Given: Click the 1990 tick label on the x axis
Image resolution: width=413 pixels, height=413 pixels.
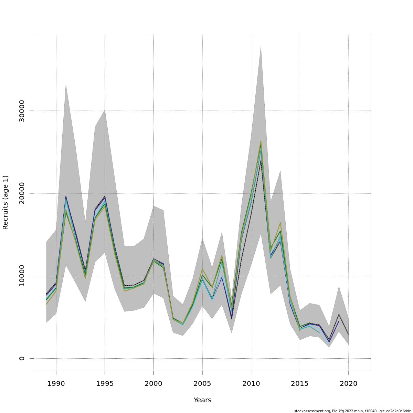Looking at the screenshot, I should pos(56,384).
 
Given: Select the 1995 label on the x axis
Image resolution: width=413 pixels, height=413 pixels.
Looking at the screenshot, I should pos(105,384).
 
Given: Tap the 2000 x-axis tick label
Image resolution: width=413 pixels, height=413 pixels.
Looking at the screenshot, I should pos(153,384).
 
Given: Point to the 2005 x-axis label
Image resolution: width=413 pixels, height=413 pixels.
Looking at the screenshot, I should pos(202,384).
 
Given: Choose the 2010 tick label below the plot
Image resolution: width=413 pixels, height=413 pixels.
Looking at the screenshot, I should pos(251,384).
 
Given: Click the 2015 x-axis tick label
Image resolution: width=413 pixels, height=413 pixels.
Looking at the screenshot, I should pos(300,384).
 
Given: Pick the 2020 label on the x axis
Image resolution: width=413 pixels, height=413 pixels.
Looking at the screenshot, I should pos(349,384).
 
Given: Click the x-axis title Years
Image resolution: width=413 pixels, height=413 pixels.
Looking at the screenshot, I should pos(202,400).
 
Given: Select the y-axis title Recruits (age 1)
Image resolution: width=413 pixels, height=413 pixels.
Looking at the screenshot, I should pos(6,202).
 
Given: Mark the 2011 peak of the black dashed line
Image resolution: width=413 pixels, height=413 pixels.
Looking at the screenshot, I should pos(261,161).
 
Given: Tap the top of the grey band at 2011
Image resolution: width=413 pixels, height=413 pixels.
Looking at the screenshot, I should pos(261,46).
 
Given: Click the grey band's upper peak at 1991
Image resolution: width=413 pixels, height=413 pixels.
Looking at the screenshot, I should pos(66,84).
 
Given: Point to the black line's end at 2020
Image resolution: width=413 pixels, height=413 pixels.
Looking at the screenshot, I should pos(349,335).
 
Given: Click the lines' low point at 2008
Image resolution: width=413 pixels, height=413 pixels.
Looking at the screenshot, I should pos(232,318).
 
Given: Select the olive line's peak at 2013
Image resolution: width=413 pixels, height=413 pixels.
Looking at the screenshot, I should pos(280,223).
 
